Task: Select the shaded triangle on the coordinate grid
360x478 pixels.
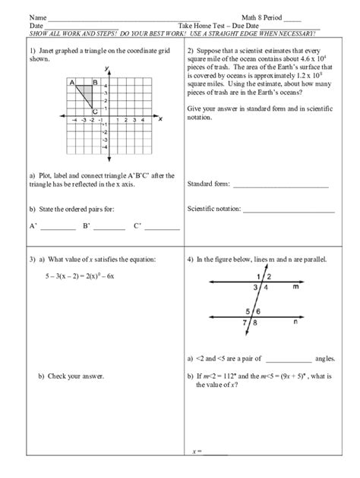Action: click(90, 94)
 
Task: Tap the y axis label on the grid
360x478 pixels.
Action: click(108, 69)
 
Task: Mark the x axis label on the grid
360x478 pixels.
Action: click(160, 118)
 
